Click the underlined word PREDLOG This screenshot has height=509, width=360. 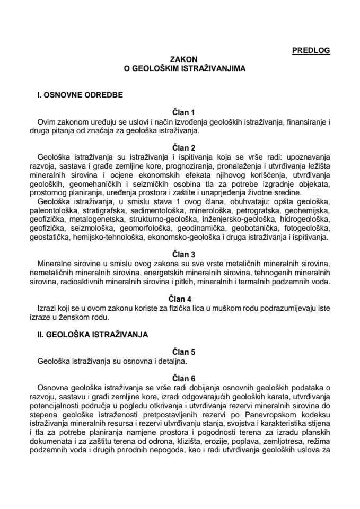311,51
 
